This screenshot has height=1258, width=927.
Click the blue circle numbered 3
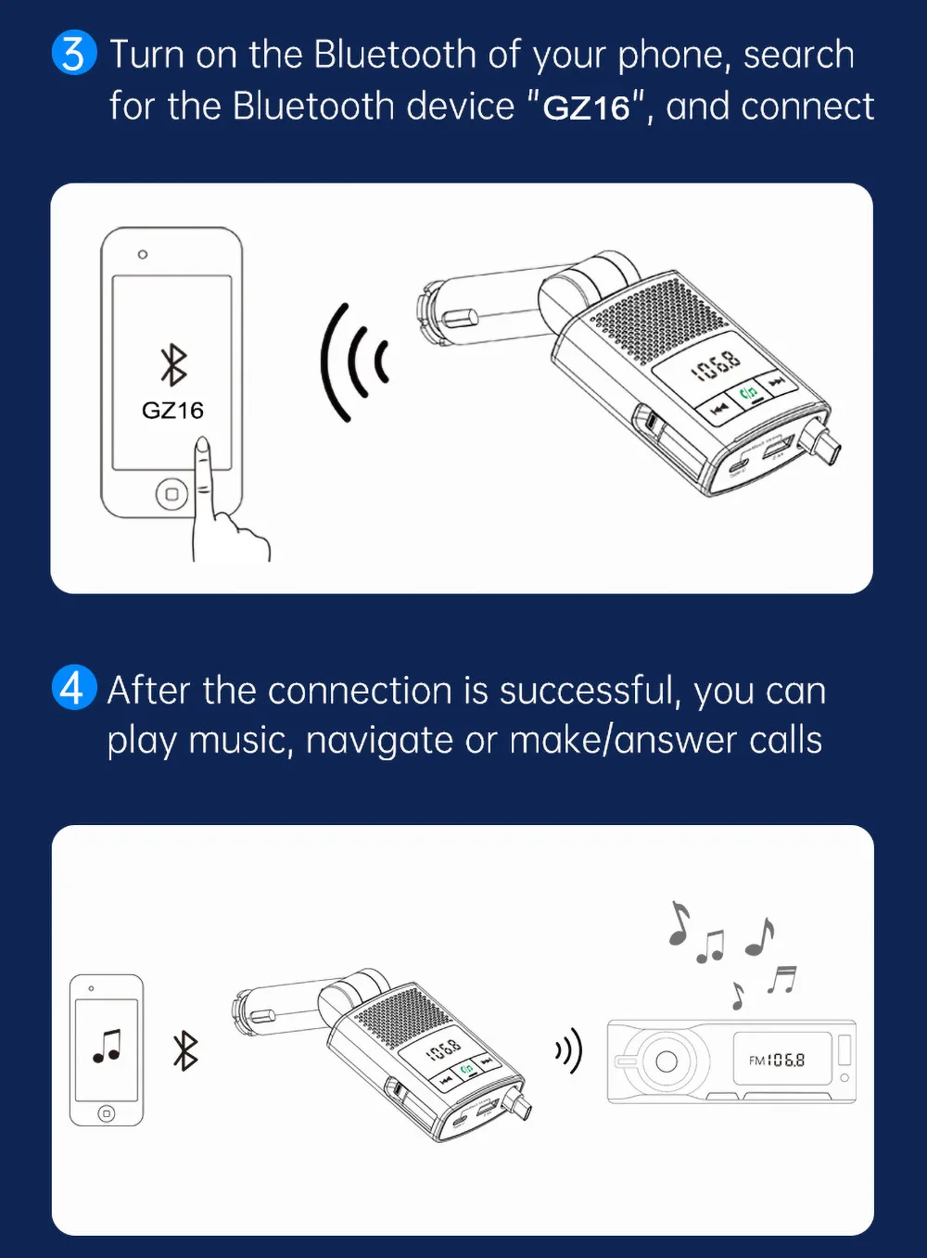coord(73,53)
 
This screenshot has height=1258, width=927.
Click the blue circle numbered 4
coord(73,688)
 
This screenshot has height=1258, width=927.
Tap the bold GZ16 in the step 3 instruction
coord(586,108)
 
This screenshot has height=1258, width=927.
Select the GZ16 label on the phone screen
coord(172,410)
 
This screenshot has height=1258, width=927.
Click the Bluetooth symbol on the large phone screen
coord(173,364)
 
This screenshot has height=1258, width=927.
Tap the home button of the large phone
coord(171,494)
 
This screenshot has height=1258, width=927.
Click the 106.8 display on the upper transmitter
coord(718,366)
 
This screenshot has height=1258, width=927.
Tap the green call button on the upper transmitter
coord(749,393)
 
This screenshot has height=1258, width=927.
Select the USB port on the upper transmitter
coord(776,450)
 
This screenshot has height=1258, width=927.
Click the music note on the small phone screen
coord(108,1046)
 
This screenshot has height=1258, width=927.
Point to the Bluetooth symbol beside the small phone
coord(185,1050)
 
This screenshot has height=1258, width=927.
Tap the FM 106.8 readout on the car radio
coord(777,1060)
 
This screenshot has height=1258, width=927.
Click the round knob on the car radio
coord(666,1061)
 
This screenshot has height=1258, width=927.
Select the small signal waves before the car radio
coord(568,1050)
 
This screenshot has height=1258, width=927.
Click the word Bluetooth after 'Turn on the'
coord(394,55)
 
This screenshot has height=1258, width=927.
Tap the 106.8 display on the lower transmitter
coord(444,1048)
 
